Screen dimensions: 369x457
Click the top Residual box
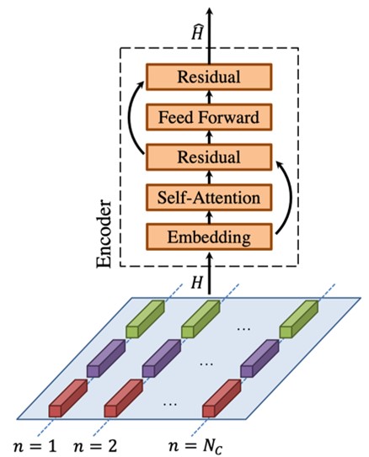pos(209,77)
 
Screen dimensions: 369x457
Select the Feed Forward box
pos(209,117)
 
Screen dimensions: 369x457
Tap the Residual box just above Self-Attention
pos(209,157)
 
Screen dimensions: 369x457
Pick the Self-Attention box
pos(209,197)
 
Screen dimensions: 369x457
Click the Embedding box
pos(209,237)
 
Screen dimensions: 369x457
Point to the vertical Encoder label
pos(104,234)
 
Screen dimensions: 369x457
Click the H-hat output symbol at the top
pos(197,32)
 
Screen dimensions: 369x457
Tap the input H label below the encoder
pos(197,282)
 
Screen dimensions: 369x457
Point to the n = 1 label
pos(35,446)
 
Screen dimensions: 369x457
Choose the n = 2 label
pos(95,446)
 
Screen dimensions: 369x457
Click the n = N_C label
pos(195,447)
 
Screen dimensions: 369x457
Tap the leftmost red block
pos(68,398)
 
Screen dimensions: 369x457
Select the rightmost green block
pos(299,320)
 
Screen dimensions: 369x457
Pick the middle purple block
pos(161,359)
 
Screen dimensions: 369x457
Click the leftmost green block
pos(145,320)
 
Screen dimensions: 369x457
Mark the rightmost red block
pos(222,398)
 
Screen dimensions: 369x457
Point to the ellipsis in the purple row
pos(206,364)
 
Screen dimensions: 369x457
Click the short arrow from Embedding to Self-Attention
pos(209,217)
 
